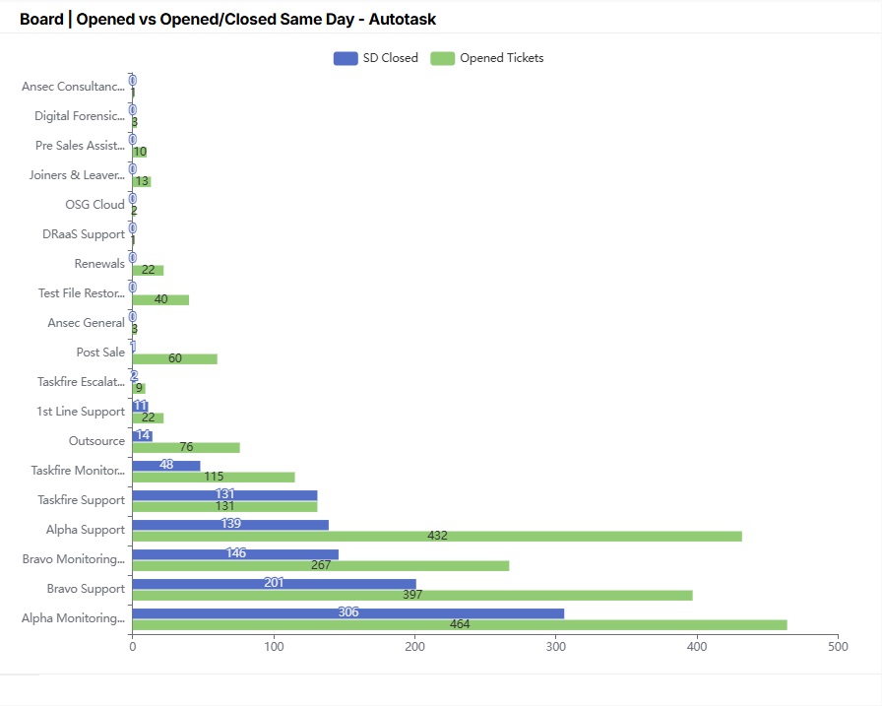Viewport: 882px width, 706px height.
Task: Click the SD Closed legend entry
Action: (376, 58)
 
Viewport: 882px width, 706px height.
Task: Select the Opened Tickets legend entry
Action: (487, 58)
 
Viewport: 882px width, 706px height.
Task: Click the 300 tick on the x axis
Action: (556, 647)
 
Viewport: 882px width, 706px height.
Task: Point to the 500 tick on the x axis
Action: (838, 647)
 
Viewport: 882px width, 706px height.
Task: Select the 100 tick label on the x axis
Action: (274, 647)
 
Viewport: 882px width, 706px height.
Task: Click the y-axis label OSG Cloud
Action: (94, 205)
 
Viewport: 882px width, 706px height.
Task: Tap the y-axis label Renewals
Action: (99, 264)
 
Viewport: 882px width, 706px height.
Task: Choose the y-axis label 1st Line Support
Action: (81, 412)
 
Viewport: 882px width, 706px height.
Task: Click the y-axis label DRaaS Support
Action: (84, 234)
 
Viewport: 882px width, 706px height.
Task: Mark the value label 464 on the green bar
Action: (460, 624)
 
